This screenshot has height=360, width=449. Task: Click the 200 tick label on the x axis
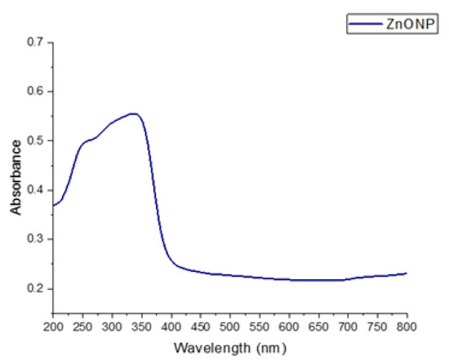coord(52,326)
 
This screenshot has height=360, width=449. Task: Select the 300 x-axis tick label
coord(111,326)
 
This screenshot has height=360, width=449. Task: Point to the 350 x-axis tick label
coord(140,326)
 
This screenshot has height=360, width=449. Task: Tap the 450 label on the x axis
coord(200,326)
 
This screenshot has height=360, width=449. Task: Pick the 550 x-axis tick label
coord(259,326)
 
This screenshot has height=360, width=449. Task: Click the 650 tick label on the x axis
coord(318,326)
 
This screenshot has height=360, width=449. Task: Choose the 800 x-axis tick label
coord(406,326)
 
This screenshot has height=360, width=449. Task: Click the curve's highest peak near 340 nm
coord(133,113)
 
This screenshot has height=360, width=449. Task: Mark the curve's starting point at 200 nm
coord(53,205)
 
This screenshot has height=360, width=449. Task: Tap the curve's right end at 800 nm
coord(406,273)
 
